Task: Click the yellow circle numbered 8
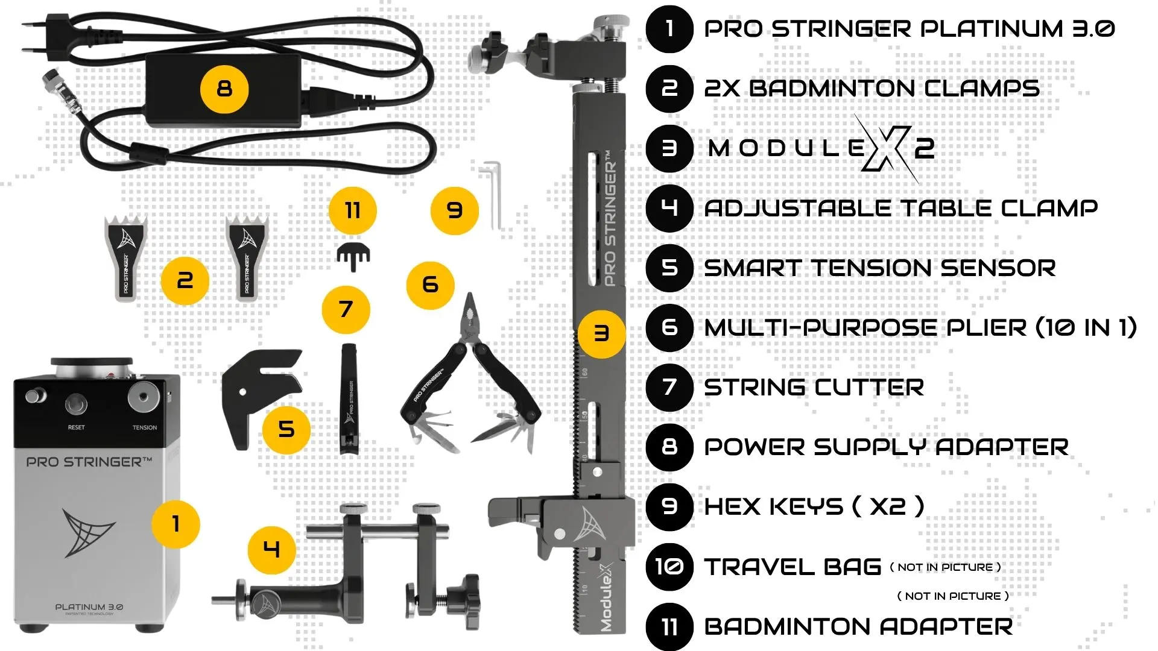(224, 89)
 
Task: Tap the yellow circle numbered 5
(286, 430)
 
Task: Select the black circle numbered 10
(669, 566)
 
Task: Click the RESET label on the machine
(77, 427)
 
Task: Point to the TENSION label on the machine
(145, 427)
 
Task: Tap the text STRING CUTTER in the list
(814, 388)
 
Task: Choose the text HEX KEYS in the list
(774, 507)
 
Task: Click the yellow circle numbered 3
(601, 333)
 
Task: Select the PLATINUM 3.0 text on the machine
(89, 607)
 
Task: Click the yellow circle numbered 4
(272, 550)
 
